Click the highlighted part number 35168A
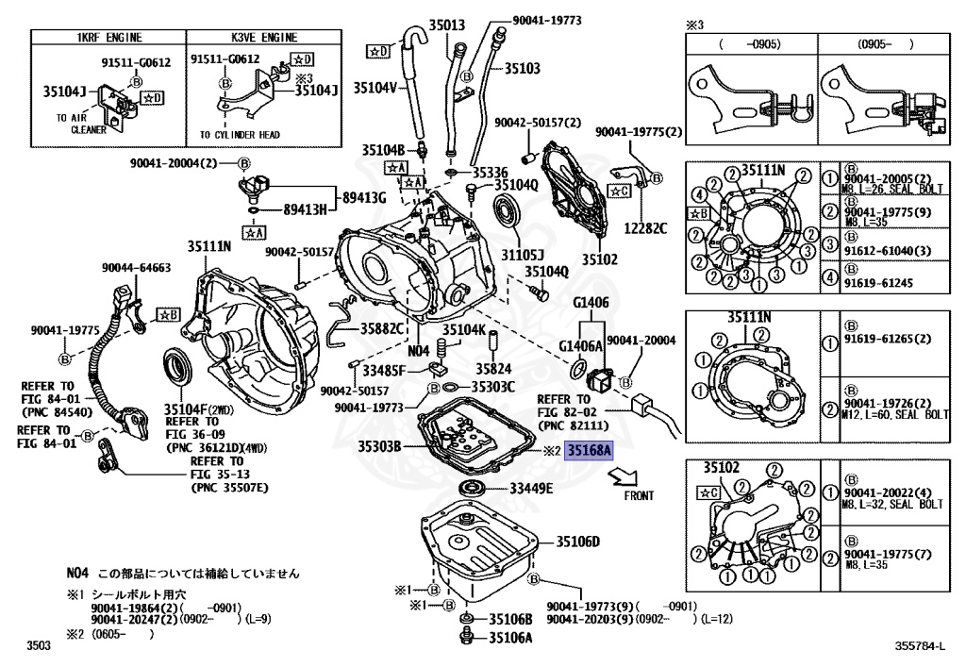coord(589,451)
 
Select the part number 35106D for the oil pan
coord(577,542)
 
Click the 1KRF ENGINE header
coord(108,38)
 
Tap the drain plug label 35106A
coord(510,638)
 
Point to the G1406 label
coord(591,303)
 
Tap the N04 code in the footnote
coord(77,573)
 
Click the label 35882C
coord(383,328)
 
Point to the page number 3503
coord(39,645)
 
